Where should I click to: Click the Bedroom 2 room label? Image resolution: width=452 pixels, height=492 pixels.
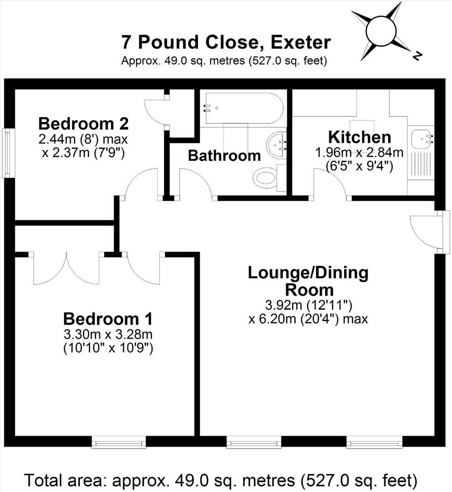pos(84,124)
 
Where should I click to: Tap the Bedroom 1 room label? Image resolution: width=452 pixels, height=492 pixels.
pos(108,319)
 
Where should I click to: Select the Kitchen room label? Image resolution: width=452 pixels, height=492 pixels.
pos(360,137)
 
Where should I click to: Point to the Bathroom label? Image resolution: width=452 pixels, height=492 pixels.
pos(224,156)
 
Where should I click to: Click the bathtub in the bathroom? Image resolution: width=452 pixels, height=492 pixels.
pos(244,108)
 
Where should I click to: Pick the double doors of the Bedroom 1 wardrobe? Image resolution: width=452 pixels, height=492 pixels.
pos(66,268)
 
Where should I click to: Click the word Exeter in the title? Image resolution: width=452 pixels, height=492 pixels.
pos(301,43)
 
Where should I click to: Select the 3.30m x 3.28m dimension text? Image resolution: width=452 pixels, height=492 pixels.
pos(108,334)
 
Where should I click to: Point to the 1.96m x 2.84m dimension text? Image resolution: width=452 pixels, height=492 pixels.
pos(359,153)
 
